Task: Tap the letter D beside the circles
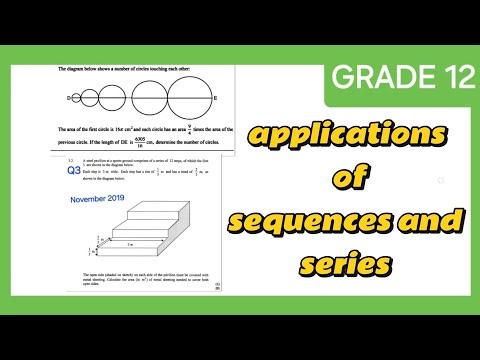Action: [x=69, y=98]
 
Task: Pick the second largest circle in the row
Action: [x=146, y=98]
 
